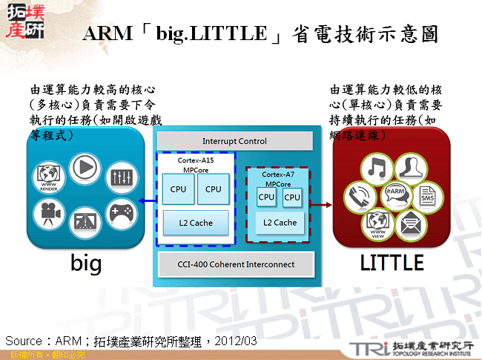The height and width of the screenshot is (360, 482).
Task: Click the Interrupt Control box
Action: coord(234,141)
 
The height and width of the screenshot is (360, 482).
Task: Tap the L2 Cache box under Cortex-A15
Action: coord(196,223)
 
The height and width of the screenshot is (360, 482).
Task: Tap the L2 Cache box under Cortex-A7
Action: coord(280,222)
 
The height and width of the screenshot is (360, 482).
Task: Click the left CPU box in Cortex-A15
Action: coord(178,189)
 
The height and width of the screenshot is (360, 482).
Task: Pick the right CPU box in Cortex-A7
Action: coord(292,197)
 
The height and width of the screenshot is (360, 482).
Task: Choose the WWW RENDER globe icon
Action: coord(47,177)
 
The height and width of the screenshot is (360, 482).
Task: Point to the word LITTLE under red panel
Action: coord(391,263)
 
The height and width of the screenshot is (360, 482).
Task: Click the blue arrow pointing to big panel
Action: coord(146,200)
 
